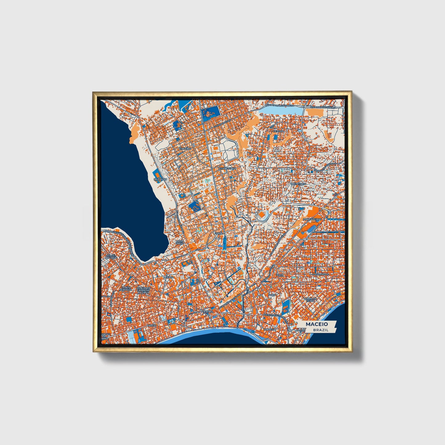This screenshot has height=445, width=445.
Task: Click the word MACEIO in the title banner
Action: [317, 324]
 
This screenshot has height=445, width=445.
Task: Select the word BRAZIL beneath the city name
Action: [321, 330]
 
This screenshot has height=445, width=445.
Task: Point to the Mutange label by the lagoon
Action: [160, 179]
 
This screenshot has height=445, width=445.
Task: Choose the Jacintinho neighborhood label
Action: [297, 184]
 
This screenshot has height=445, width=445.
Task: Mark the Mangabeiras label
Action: [312, 219]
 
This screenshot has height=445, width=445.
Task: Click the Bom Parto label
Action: [180, 242]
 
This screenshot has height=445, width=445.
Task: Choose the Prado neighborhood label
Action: [152, 325]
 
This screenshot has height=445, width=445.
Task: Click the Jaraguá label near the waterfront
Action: [269, 329]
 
